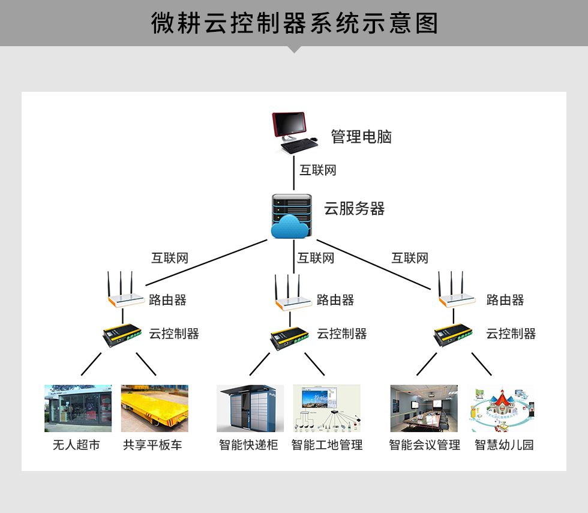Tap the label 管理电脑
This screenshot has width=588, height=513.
tap(361, 137)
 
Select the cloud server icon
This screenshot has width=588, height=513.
tap(292, 216)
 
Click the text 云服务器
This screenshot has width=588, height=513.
tap(355, 209)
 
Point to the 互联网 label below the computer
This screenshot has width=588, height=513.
tap(317, 170)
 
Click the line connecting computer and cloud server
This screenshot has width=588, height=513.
tap(293, 173)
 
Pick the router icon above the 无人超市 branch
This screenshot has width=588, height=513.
tap(125, 290)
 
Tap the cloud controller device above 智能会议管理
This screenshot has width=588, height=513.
tap(452, 335)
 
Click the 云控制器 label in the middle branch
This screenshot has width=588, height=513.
tap(341, 334)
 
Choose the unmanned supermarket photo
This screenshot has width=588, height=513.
tap(78, 408)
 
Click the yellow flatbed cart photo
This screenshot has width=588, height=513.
tap(155, 408)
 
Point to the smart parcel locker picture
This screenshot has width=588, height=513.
tap(250, 408)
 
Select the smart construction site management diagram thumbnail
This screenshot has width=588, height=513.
tap(326, 408)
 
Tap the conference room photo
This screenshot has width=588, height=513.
tap(424, 408)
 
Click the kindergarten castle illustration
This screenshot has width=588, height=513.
tap(503, 409)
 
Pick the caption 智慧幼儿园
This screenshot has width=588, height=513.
tap(504, 445)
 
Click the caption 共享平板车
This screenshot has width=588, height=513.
tap(152, 445)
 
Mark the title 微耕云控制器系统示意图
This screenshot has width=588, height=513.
tap(295, 23)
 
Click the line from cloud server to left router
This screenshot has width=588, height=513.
tap(206, 263)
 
